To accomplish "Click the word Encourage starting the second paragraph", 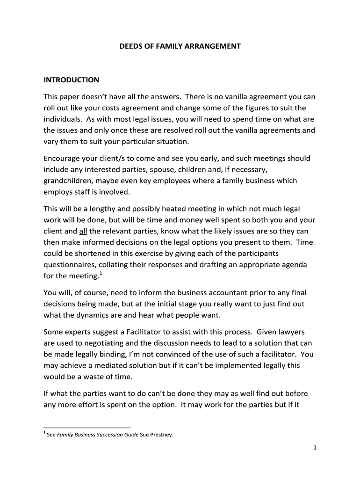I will tap(63, 158).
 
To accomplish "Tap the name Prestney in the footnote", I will tap(162, 435).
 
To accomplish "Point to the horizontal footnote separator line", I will tap(87, 428).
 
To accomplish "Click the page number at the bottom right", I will tap(316, 448).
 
